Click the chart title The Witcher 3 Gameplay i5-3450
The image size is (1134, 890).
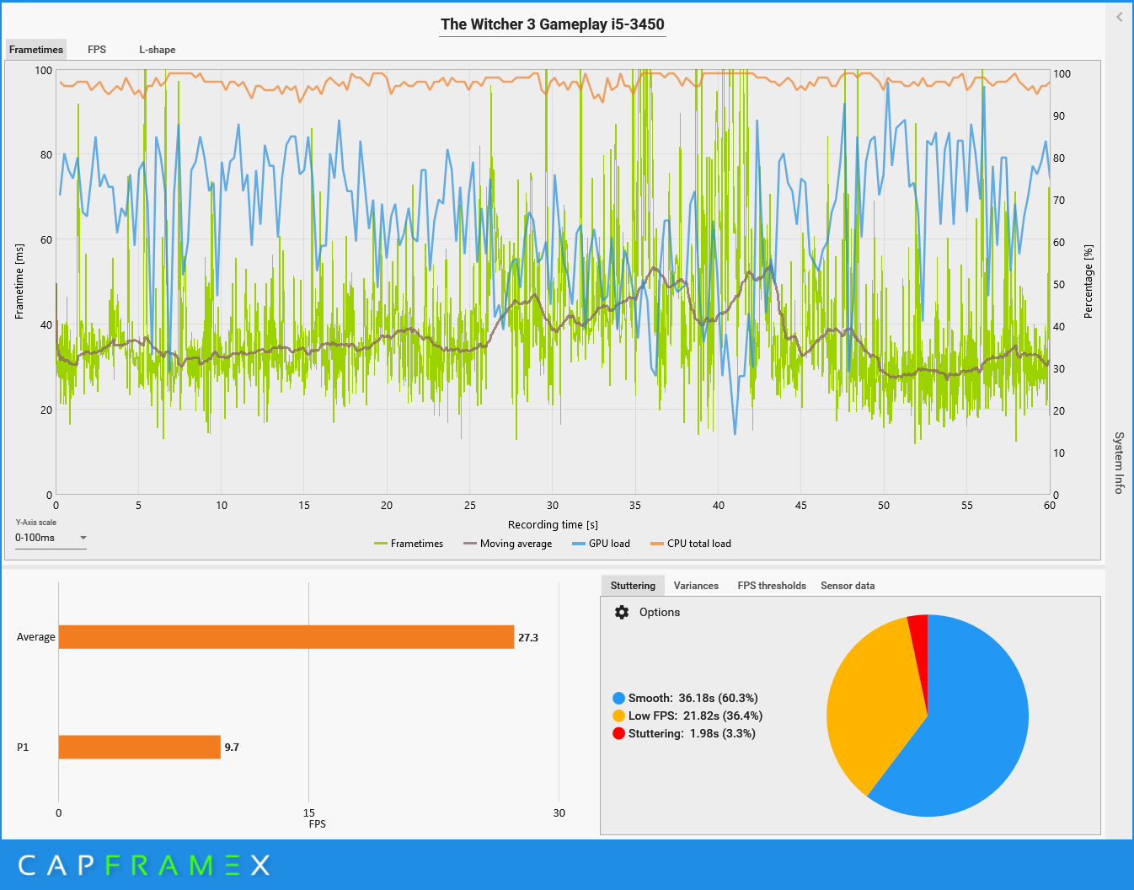coord(553,24)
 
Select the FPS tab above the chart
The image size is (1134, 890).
coord(97,50)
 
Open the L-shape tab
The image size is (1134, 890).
coord(158,50)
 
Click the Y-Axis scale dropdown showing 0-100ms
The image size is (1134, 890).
coord(51,538)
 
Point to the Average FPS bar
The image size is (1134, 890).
coord(286,637)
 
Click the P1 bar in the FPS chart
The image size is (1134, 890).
coord(139,747)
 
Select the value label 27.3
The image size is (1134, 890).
coord(528,638)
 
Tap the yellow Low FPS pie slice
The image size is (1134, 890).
coord(868,708)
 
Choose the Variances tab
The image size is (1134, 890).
coord(696,586)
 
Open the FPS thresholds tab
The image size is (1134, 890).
coord(772,586)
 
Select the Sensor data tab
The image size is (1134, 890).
coord(848,586)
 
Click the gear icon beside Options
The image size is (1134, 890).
coord(622,613)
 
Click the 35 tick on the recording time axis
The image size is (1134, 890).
coord(635,506)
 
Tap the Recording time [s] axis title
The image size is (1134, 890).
coord(553,525)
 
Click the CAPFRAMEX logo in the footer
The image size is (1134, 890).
coord(144,865)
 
